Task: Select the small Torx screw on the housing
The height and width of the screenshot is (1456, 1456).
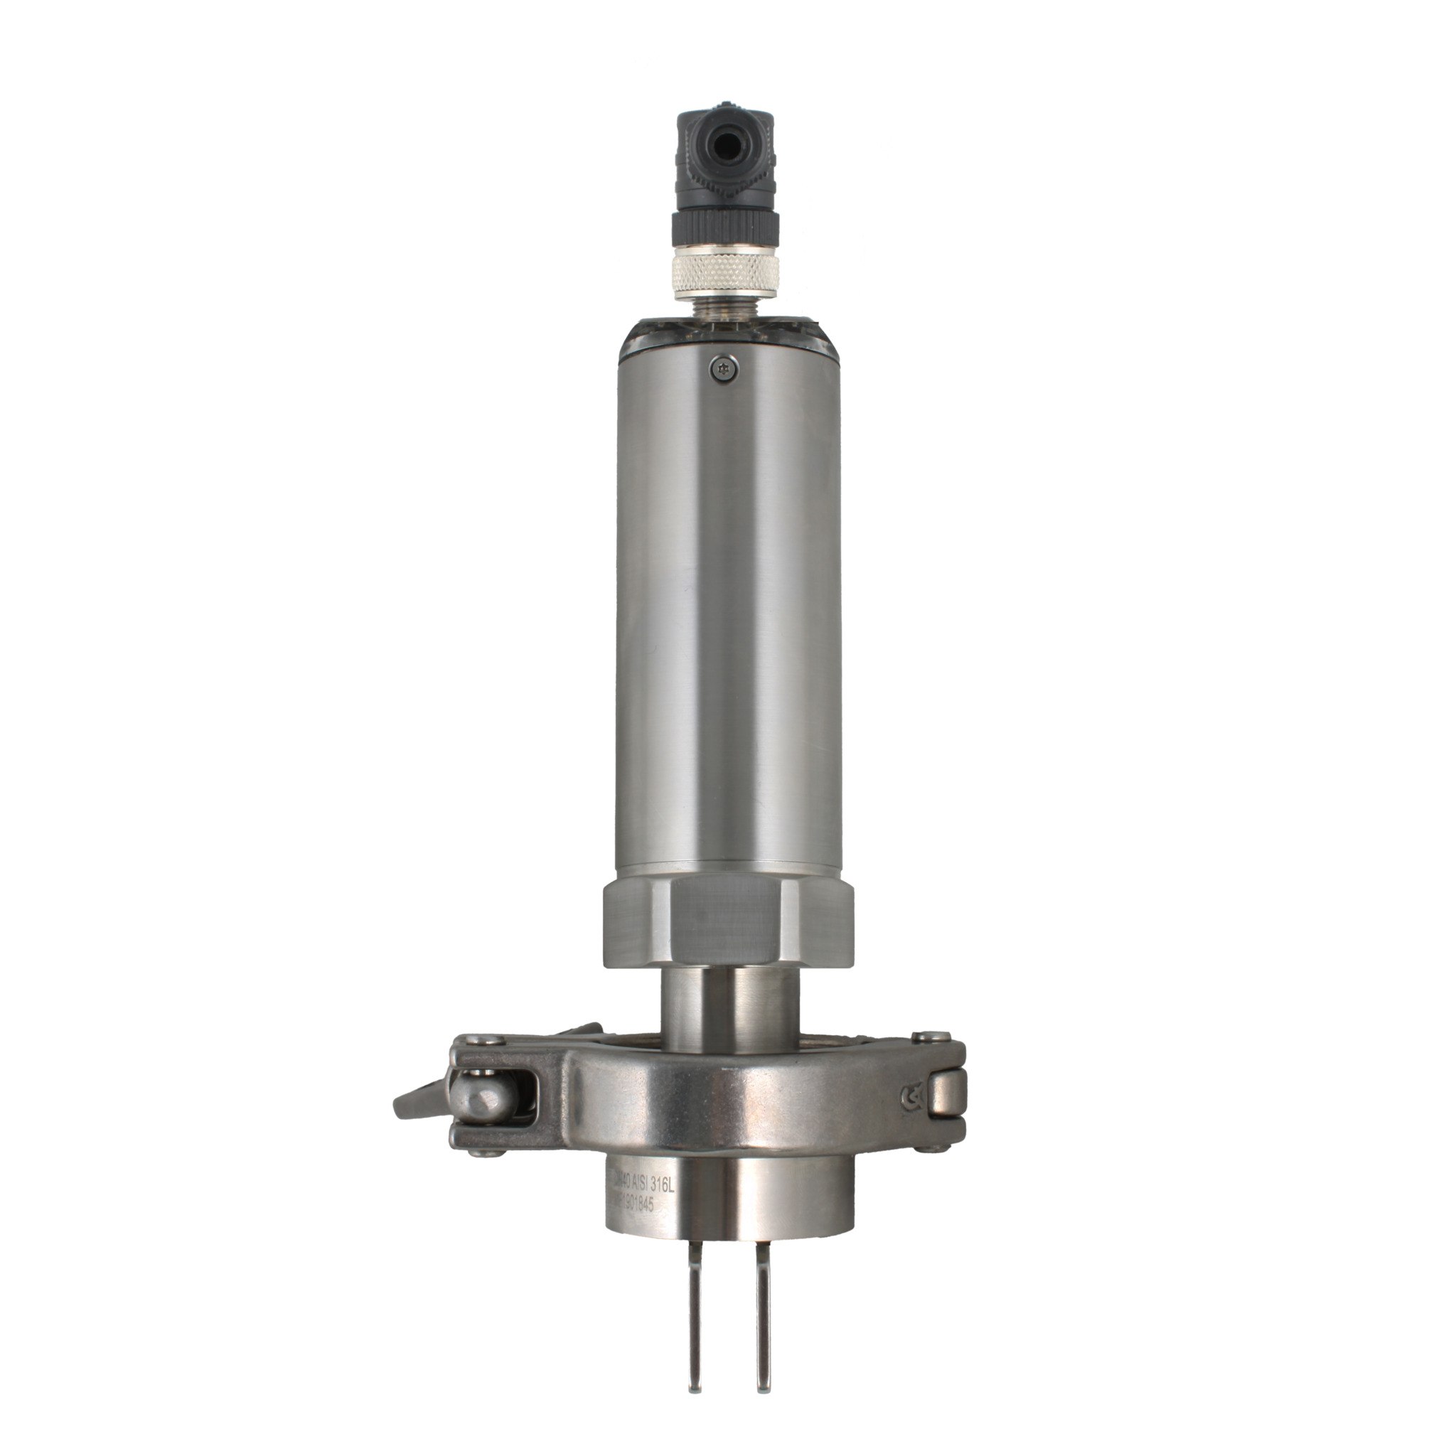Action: click(726, 368)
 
